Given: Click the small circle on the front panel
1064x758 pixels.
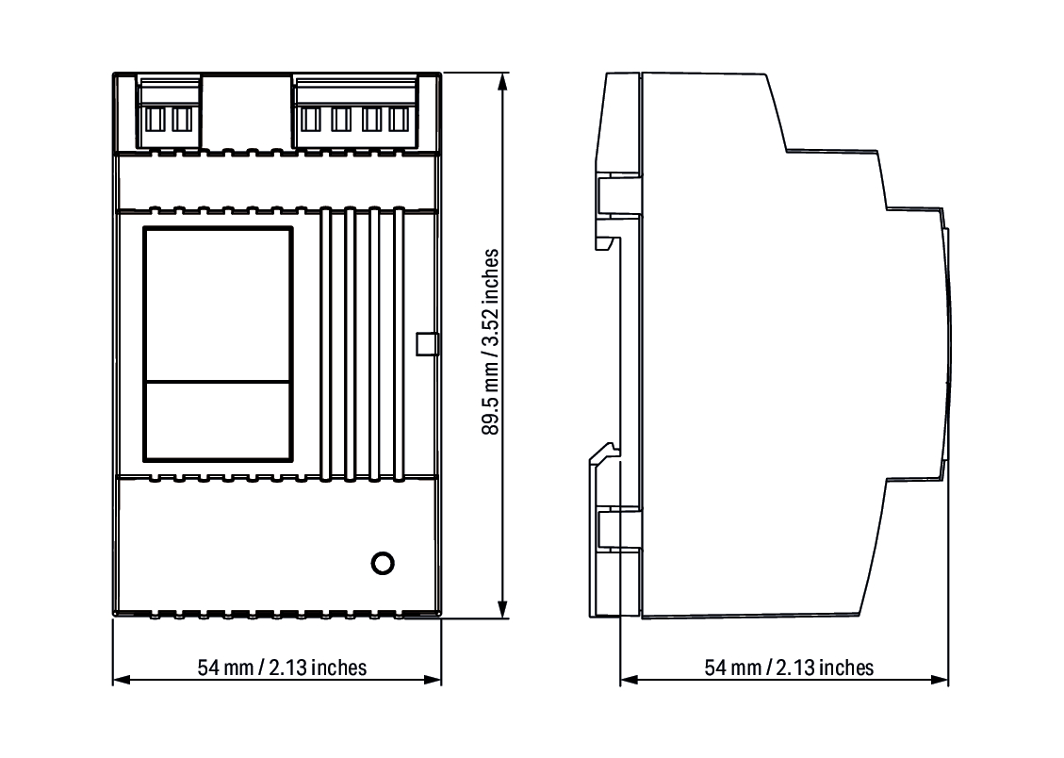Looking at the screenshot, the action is point(383,563).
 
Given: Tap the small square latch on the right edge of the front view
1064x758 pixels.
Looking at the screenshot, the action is point(428,344).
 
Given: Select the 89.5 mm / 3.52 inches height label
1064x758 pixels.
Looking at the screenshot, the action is point(491,342).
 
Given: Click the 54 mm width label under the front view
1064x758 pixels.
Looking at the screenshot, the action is point(283,667).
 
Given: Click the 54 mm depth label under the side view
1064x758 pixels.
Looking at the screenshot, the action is point(789,667).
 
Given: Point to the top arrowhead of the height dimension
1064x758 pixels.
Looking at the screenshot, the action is point(503,81).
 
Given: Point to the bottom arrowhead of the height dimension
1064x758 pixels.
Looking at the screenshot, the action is point(503,609).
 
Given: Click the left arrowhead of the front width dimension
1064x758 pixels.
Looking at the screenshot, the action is point(122,680).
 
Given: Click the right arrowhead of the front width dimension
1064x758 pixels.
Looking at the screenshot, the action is point(433,680).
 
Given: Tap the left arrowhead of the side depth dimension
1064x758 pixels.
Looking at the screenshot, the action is point(629,680).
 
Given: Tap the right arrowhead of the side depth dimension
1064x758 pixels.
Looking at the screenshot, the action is point(940,680).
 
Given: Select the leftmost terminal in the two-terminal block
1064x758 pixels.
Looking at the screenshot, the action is point(155,119).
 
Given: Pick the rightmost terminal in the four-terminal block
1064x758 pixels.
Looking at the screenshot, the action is point(399,119).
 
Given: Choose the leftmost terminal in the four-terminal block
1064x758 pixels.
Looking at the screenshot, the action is point(310,119).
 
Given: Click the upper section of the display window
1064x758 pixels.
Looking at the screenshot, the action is point(218,305).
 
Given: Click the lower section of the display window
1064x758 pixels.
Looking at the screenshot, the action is point(218,420).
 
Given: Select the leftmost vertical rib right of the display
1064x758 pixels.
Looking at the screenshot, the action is point(326,344).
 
